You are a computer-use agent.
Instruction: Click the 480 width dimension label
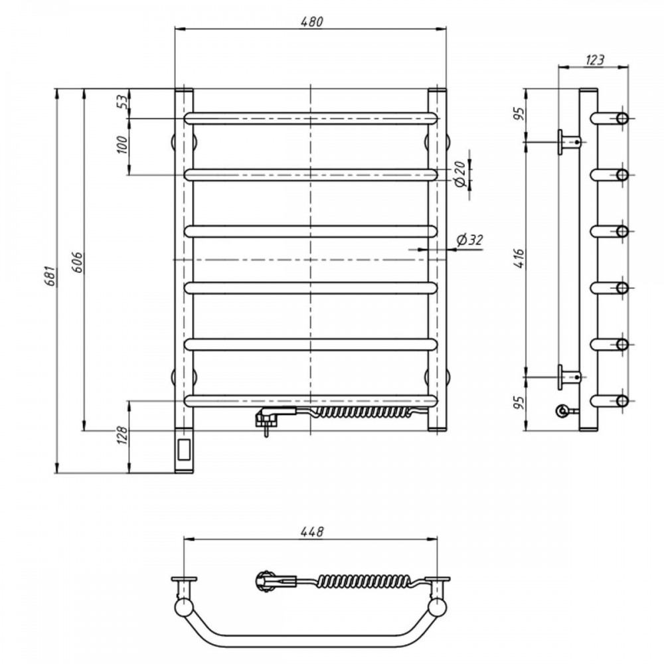click(x=311, y=22)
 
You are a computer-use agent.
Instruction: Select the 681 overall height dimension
click(x=51, y=276)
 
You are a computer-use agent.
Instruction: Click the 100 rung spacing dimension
click(x=122, y=145)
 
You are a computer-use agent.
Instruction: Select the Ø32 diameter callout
click(x=469, y=240)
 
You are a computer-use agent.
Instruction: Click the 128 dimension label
click(x=122, y=435)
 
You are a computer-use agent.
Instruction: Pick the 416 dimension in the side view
click(x=519, y=258)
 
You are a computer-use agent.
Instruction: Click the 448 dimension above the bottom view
click(x=311, y=531)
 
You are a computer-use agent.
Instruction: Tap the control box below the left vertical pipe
click(x=184, y=450)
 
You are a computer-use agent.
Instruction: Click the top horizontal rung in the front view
click(x=311, y=118)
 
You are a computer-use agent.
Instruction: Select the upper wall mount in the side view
click(x=569, y=142)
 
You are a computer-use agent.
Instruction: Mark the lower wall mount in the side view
click(x=569, y=376)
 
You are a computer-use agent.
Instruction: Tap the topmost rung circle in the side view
click(x=622, y=118)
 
